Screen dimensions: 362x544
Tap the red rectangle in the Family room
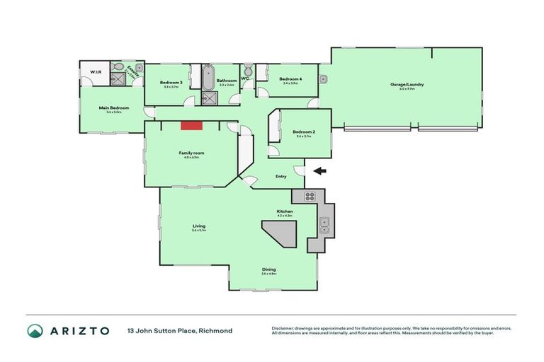pos(191,125)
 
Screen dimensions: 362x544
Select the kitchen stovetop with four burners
pos(309,196)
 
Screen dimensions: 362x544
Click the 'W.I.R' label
pos(94,71)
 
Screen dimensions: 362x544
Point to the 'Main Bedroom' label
pos(110,107)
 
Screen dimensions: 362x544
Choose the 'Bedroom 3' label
pos(171,83)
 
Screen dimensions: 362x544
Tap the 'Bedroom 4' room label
pos(290,78)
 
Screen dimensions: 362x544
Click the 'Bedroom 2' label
pos(304,132)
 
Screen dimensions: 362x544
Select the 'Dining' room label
pos(268,269)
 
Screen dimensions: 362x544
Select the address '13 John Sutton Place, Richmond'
pos(179,331)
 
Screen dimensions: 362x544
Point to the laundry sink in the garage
pos(322,78)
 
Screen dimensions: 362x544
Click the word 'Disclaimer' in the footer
pos(284,328)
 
